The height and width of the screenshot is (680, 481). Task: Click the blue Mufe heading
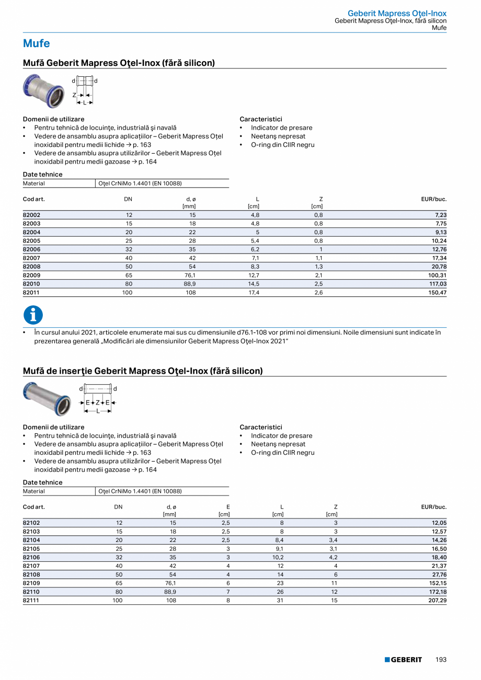tap(36, 43)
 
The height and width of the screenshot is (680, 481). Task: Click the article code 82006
tap(31, 249)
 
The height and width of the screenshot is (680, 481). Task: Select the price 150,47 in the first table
tap(437, 293)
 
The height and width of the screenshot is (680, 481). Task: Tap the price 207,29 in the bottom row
tap(437, 601)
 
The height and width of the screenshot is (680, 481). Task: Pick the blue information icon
tap(33, 315)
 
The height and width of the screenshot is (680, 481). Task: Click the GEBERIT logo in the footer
tap(403, 660)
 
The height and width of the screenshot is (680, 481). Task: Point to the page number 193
tap(441, 660)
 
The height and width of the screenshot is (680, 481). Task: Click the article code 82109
tap(31, 583)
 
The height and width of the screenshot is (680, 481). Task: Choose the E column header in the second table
tap(228, 507)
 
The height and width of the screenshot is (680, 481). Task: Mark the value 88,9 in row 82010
tap(190, 284)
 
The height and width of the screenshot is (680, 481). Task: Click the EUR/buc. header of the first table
tap(433, 199)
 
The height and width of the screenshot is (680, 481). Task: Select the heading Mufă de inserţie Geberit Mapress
tap(142, 371)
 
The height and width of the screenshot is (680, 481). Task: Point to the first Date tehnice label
tap(42, 175)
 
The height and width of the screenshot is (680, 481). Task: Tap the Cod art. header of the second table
tap(33, 507)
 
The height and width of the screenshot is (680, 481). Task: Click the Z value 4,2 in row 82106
tap(333, 557)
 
